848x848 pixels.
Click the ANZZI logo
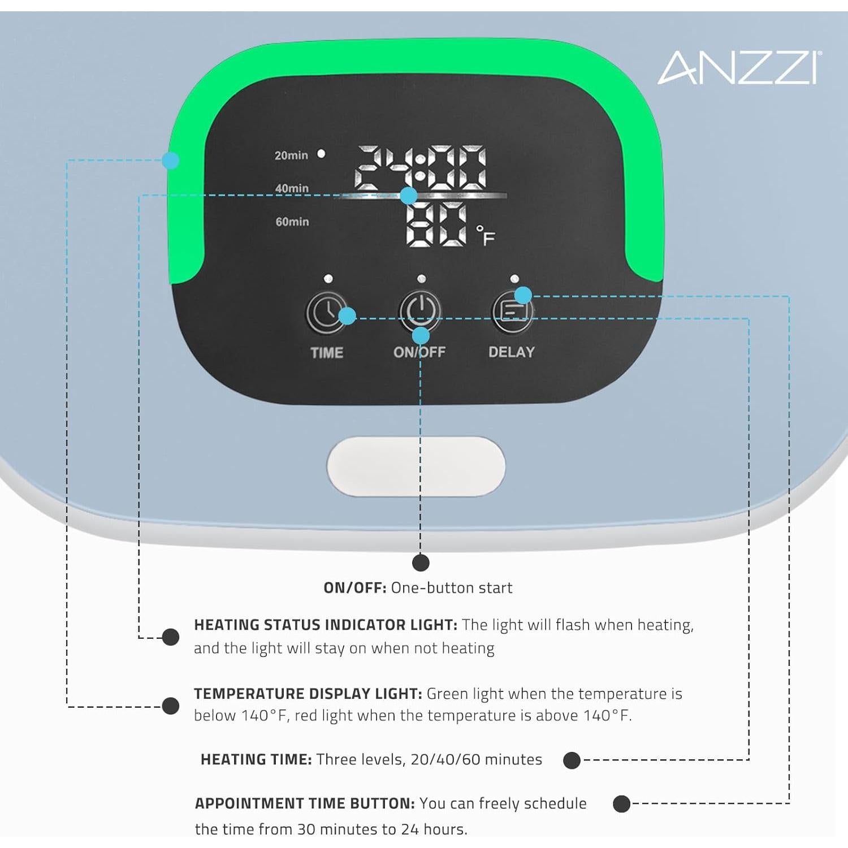coord(739,68)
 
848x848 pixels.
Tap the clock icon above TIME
coord(326,312)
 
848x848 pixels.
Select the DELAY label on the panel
coord(512,352)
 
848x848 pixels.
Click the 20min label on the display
coord(291,155)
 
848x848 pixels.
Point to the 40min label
coord(292,188)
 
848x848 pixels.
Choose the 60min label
coord(292,222)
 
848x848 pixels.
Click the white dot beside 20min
coord(321,154)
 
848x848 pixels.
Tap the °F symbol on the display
coord(486,235)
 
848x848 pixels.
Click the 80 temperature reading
coord(436,224)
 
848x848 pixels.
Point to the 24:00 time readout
coord(420,168)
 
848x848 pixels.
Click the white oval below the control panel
coord(416,467)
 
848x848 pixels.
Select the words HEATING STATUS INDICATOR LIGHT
coord(326,625)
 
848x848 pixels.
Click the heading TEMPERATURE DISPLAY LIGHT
coord(308,694)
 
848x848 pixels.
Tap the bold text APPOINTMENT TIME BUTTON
coord(305,803)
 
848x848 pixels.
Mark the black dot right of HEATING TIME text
coord(572,760)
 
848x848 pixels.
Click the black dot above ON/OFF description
coord(421,563)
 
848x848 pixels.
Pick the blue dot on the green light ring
coord(171,161)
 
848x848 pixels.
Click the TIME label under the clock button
coord(327,353)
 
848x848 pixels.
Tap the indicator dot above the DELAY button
coord(514,279)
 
